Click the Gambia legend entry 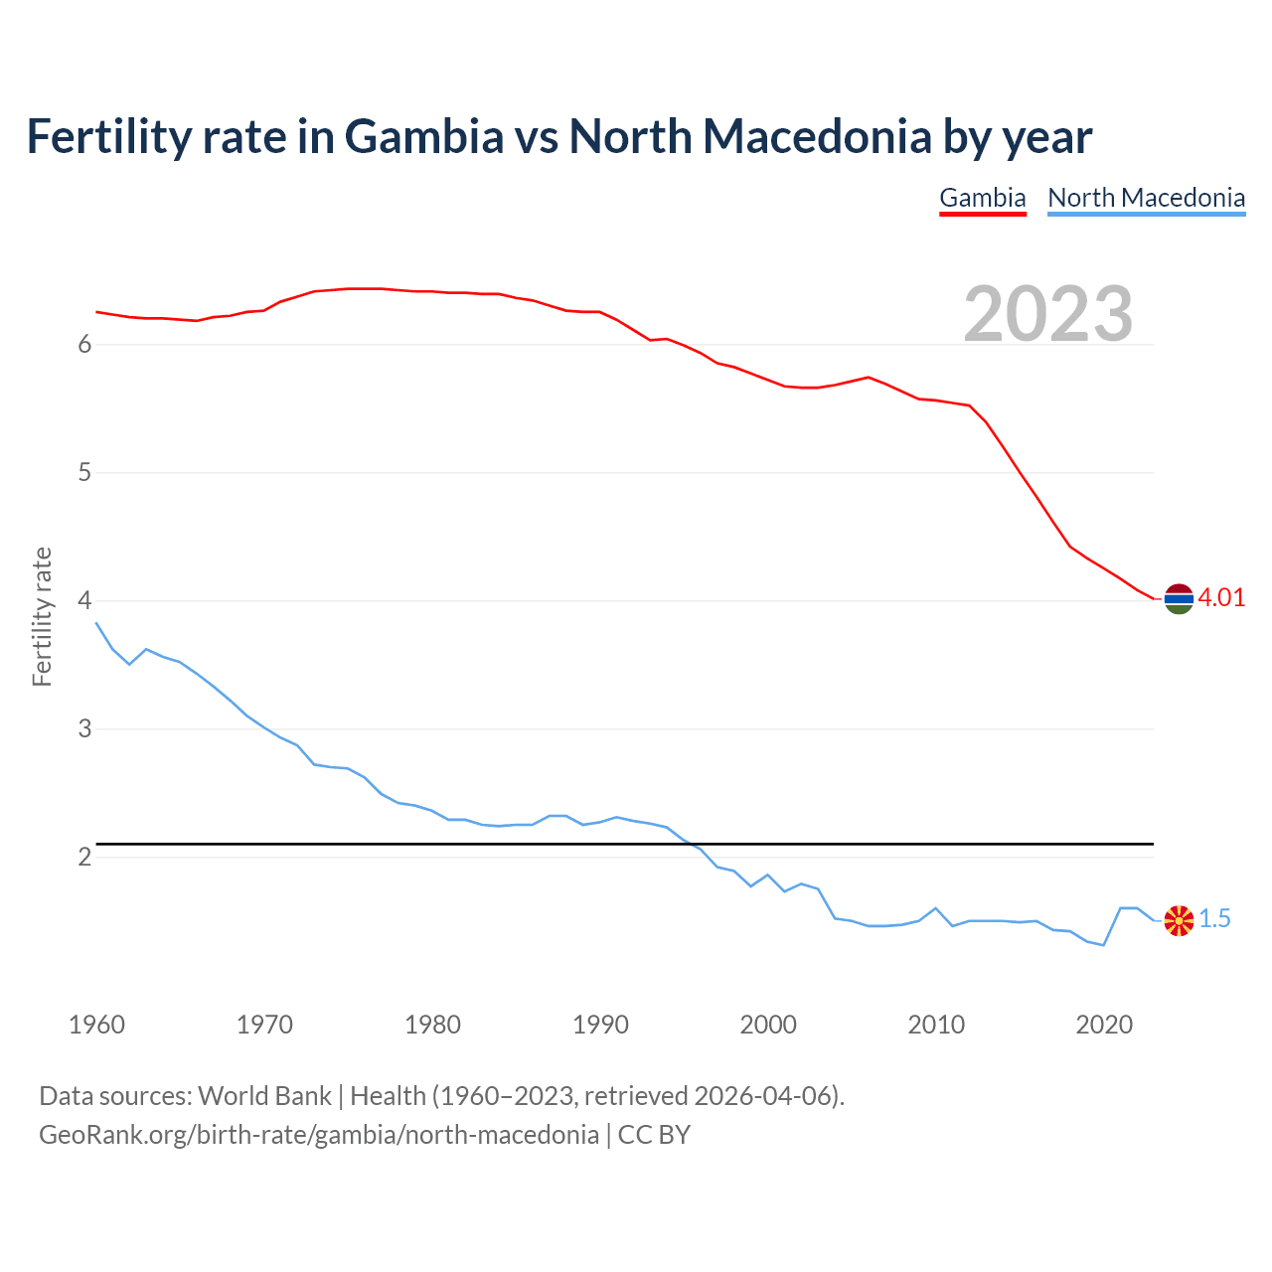coord(982,198)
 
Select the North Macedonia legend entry coord(1146,198)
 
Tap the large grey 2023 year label coord(1048,314)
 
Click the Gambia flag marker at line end coord(1179,598)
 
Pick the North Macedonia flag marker coord(1179,920)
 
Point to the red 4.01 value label coord(1221,597)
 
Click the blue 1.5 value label coord(1214,919)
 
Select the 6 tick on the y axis coord(84,345)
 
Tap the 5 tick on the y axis coord(84,473)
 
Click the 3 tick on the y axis coord(84,729)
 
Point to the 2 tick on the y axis coord(84,857)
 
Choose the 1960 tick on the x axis coord(96,1025)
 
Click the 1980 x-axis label coord(432,1025)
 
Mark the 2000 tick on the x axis coord(768,1025)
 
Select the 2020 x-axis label coord(1104,1025)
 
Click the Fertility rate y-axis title coord(42,616)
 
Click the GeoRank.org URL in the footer coord(318,1135)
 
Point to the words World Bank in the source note coord(264,1096)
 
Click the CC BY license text coord(654,1135)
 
